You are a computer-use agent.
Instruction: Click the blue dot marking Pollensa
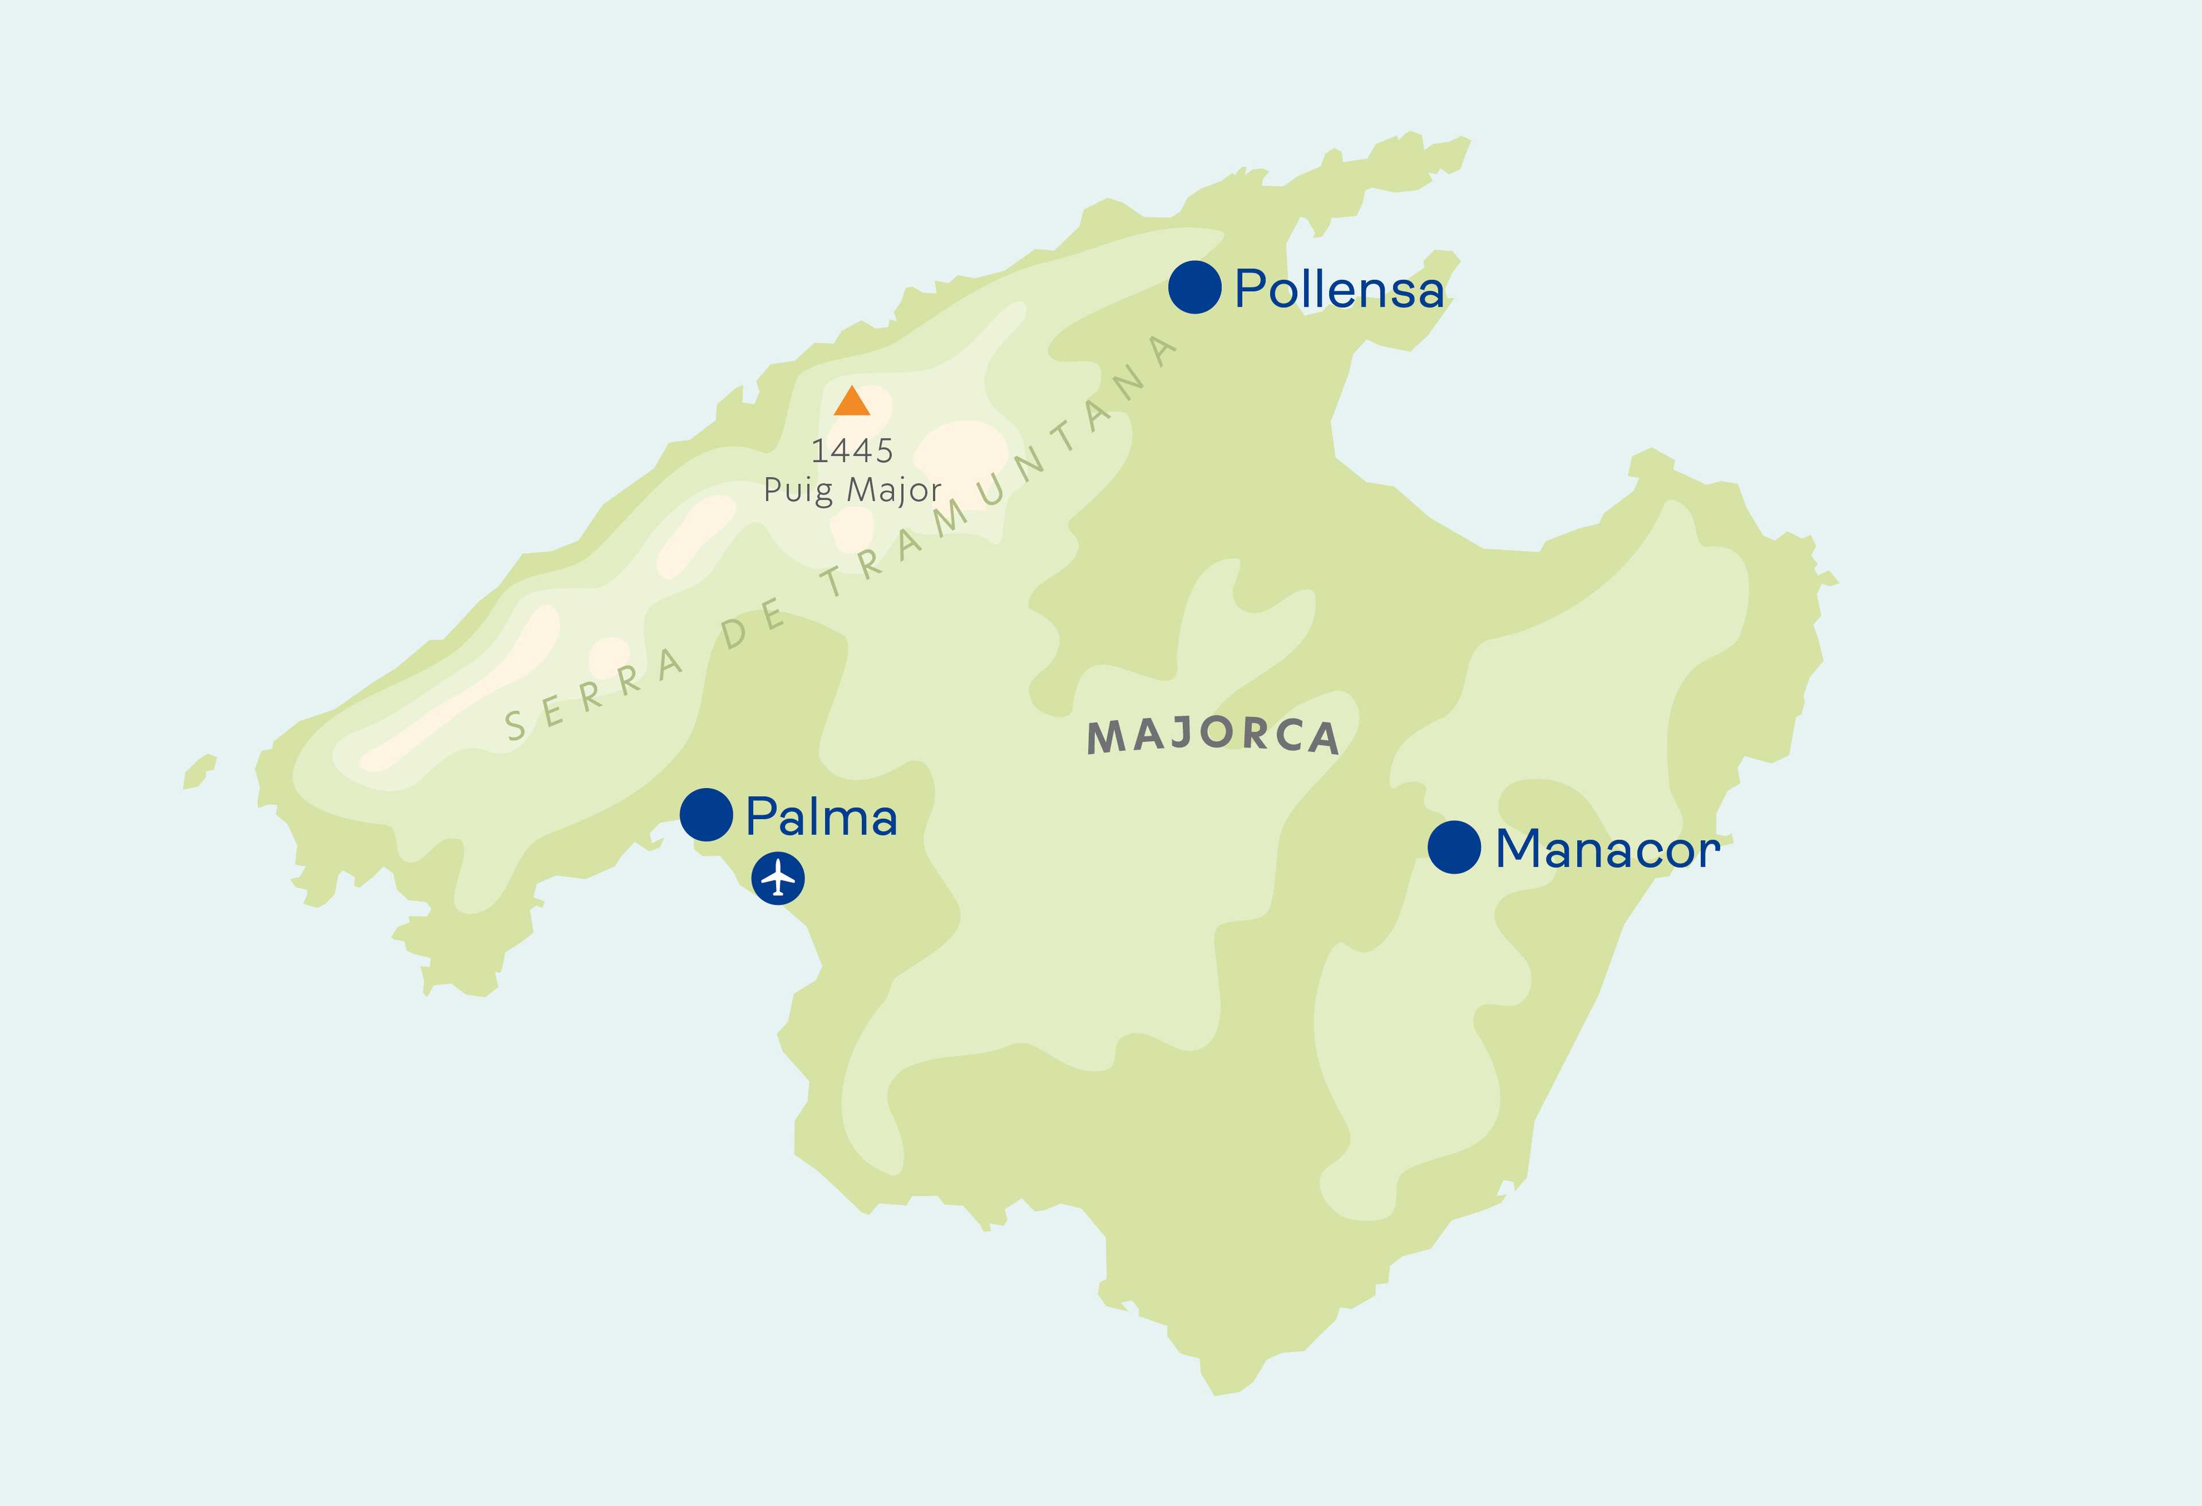pos(1194,287)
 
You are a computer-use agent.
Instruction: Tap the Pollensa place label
pos(1339,289)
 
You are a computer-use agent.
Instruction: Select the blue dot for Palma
pos(706,815)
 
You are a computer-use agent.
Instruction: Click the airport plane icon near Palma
pos(778,878)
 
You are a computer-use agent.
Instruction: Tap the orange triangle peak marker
pos(851,402)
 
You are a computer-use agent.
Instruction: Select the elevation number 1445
pos(852,451)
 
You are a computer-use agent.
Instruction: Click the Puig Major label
pos(852,490)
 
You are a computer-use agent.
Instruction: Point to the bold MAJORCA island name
pos(1213,736)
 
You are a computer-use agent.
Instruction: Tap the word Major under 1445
pos(893,490)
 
